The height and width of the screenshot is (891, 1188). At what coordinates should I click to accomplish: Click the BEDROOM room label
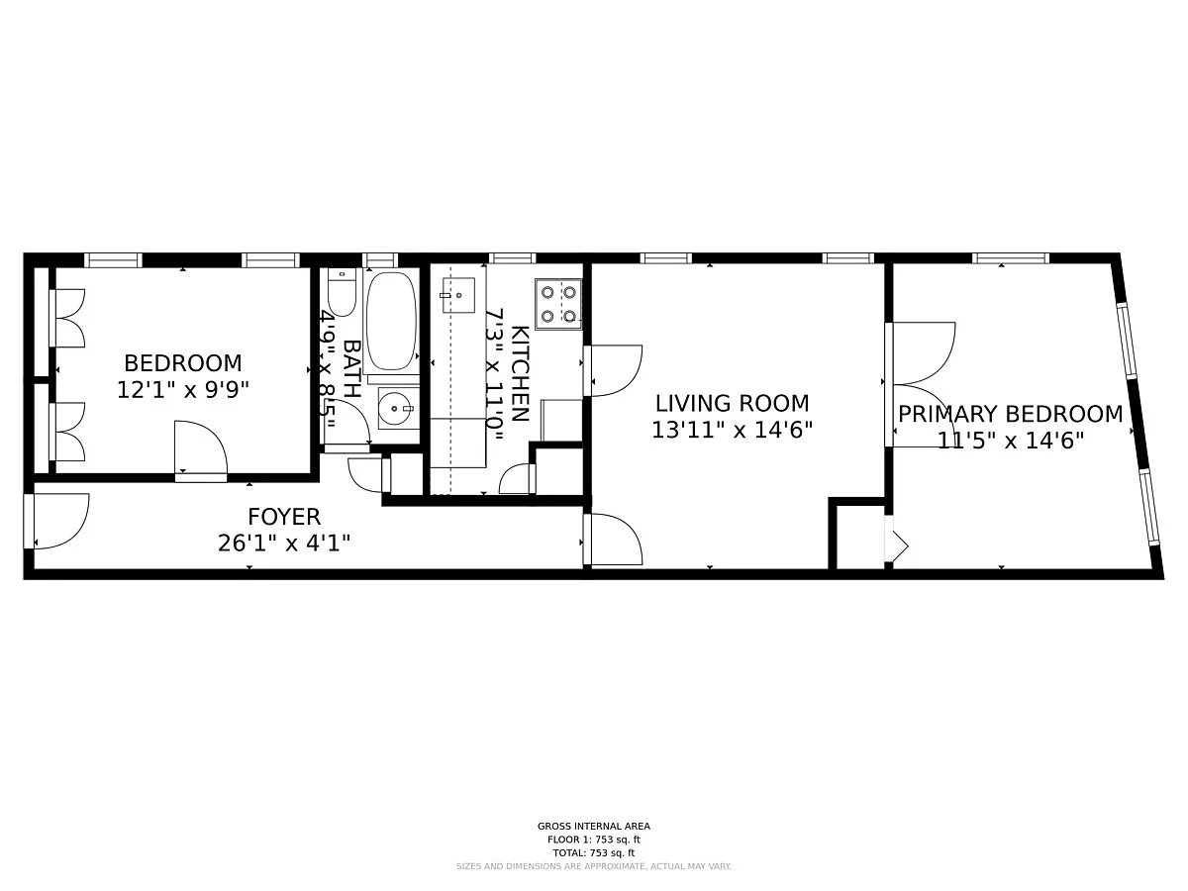[183, 363]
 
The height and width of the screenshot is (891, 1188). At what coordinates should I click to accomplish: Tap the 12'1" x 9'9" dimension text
[183, 389]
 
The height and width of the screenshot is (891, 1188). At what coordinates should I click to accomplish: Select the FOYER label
[284, 517]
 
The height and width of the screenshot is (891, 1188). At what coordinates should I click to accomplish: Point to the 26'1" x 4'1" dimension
[284, 543]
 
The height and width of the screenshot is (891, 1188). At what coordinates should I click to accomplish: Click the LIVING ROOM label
[733, 404]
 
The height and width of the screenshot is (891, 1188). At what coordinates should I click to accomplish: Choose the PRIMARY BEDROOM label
[1011, 415]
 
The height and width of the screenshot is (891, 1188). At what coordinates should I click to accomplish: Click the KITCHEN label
[520, 373]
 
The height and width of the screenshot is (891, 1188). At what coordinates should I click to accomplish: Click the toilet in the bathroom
[342, 292]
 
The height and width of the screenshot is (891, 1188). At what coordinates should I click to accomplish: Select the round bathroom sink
[398, 409]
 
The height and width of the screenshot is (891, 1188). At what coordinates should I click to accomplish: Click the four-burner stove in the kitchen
[558, 304]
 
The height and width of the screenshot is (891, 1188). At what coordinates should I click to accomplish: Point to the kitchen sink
[458, 295]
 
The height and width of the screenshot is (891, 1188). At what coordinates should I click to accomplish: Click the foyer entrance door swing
[60, 521]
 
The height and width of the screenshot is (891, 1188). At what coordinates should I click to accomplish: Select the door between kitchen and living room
[616, 370]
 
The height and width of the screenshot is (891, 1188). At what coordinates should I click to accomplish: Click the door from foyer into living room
[616, 540]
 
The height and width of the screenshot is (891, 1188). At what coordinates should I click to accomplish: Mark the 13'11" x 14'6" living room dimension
[733, 430]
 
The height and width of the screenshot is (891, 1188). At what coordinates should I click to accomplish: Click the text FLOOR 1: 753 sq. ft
[594, 840]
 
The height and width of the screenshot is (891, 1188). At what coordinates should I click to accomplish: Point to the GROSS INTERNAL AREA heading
[594, 826]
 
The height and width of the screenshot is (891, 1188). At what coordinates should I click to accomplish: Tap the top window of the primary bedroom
[1011, 258]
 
